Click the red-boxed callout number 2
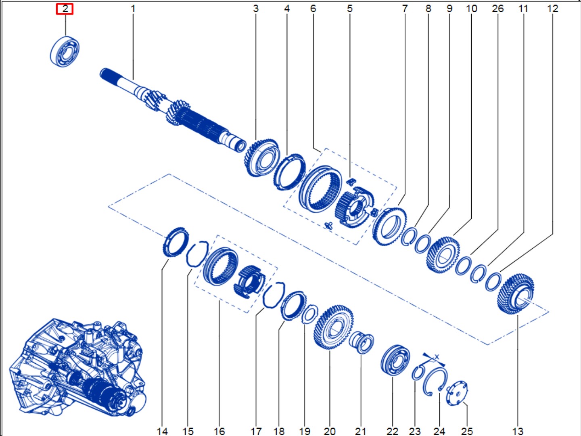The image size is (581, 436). coord(65,9)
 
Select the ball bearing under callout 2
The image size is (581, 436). coord(65,52)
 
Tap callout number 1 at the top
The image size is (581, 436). coord(133,9)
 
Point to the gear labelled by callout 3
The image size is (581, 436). coord(261,157)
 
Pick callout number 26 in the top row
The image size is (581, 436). coord(498,9)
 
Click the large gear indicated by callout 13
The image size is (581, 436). coord(516,294)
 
